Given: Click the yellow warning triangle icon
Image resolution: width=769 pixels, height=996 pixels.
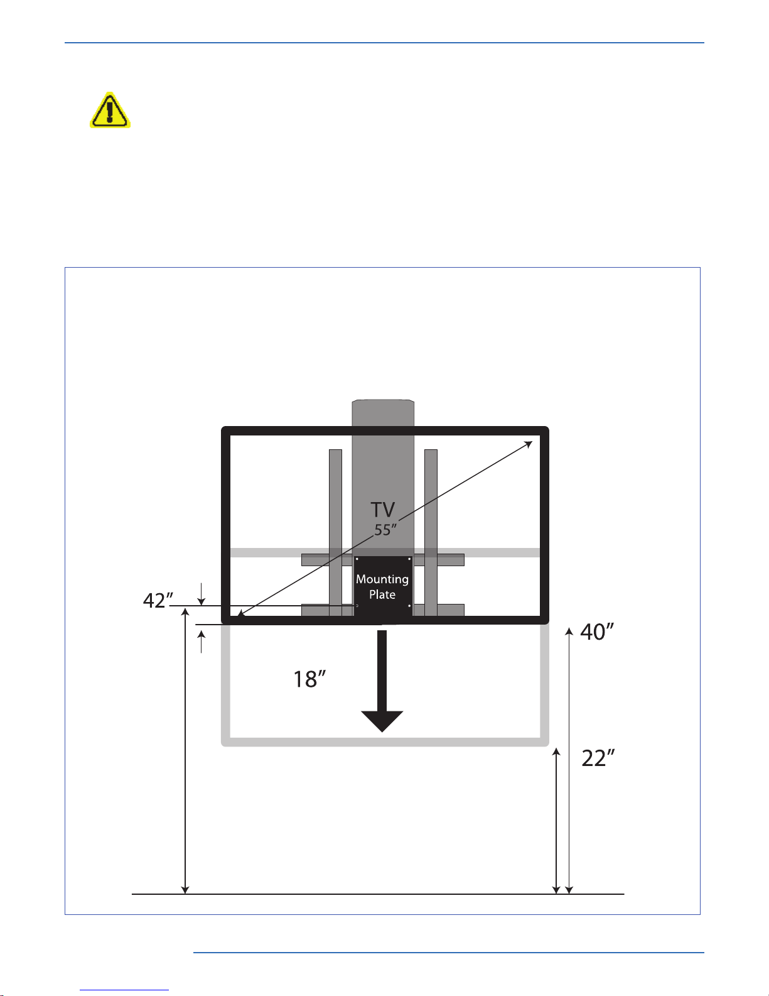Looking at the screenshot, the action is (x=110, y=110).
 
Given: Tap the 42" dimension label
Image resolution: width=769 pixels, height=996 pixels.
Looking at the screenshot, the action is (x=158, y=601).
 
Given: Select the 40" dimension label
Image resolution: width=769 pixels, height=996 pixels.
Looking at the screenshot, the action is (x=597, y=632).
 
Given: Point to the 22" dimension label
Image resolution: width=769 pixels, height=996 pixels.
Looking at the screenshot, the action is (x=598, y=758).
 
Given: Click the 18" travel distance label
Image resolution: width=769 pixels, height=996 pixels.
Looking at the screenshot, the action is (x=309, y=679).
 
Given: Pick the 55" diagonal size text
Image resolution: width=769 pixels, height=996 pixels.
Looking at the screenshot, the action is (x=385, y=530).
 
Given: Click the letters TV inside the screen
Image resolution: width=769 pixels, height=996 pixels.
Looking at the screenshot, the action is (x=383, y=509).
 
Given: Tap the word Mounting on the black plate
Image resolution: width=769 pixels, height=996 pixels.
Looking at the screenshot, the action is (x=382, y=579).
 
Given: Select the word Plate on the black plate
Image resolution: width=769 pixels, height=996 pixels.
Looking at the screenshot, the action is (x=382, y=594).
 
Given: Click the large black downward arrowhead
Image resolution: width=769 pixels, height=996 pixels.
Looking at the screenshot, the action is (x=382, y=721).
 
